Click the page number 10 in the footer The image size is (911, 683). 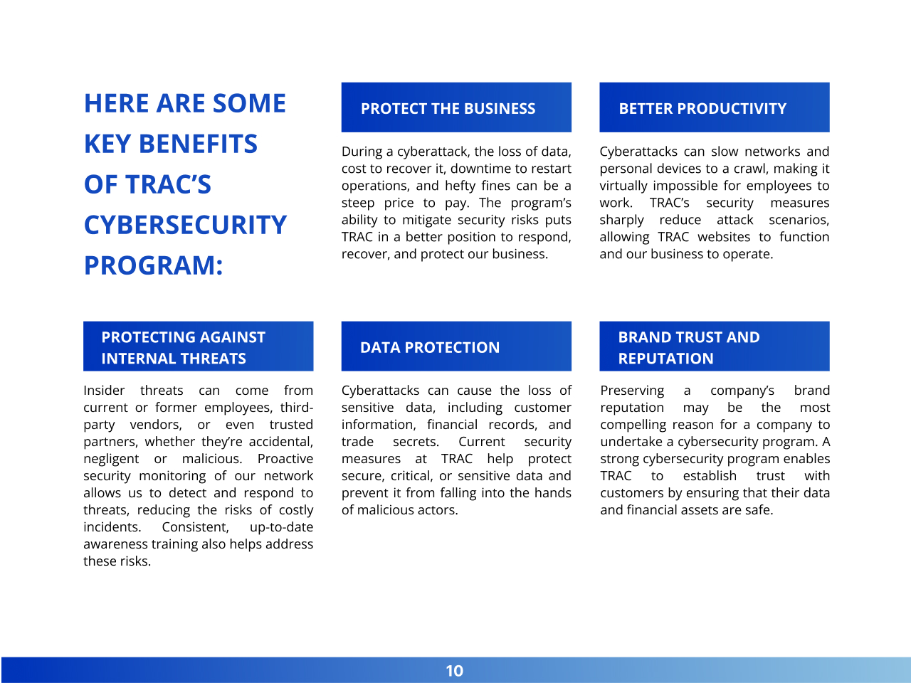[x=454, y=671]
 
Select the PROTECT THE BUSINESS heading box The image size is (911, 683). [x=456, y=107]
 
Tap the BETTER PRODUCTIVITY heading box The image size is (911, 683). [x=714, y=107]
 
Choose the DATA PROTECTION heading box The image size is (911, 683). [x=456, y=346]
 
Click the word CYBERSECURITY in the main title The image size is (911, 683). [x=185, y=225]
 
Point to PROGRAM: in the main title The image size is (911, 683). [x=153, y=265]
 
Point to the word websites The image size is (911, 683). [x=724, y=237]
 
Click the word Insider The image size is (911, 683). [x=104, y=391]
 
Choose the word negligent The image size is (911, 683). [x=111, y=459]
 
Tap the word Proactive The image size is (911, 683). [x=285, y=459]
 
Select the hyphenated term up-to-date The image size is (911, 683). [x=281, y=527]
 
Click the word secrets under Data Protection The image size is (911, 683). [x=416, y=442]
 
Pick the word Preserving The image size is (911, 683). [x=632, y=391]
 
